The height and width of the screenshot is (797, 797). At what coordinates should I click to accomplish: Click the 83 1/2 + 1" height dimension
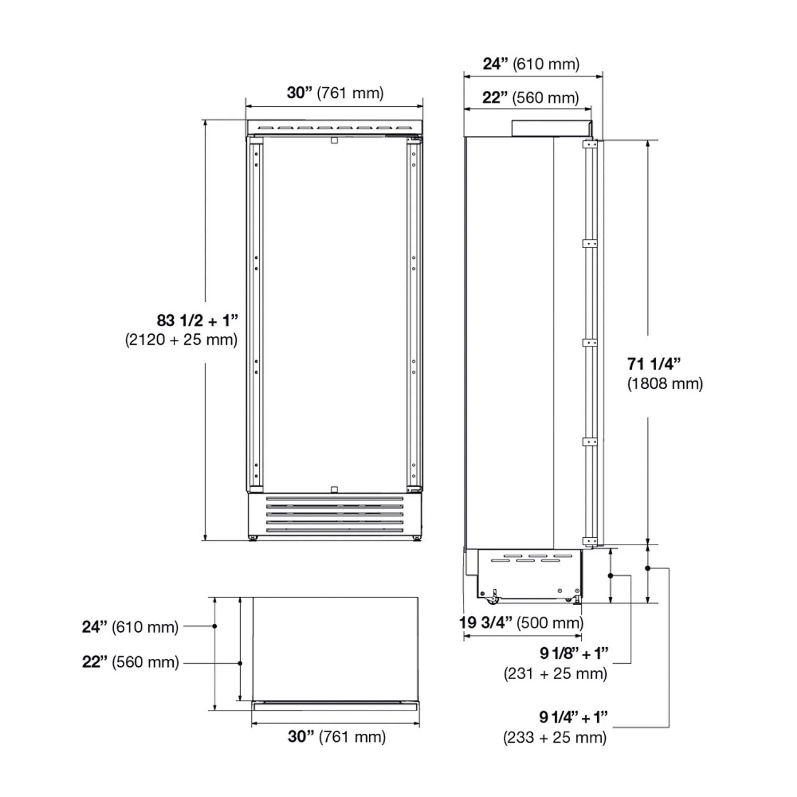coord(197,320)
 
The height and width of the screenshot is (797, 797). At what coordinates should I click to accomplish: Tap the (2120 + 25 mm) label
coord(181,340)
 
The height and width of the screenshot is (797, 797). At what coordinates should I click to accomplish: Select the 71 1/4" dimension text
coord(654,364)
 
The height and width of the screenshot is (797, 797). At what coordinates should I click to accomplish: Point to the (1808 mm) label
coord(665,383)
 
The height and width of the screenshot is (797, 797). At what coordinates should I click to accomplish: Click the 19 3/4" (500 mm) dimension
coord(521,622)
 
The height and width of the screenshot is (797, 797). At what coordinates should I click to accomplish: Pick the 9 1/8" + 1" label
coord(574,653)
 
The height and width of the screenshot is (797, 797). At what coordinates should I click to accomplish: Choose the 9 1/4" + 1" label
coord(574,717)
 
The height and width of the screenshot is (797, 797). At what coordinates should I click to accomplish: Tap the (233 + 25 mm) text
coord(555,737)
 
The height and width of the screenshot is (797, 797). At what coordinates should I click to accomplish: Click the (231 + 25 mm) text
coord(555,673)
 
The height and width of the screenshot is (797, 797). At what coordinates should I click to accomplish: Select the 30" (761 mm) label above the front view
coord(335,92)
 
